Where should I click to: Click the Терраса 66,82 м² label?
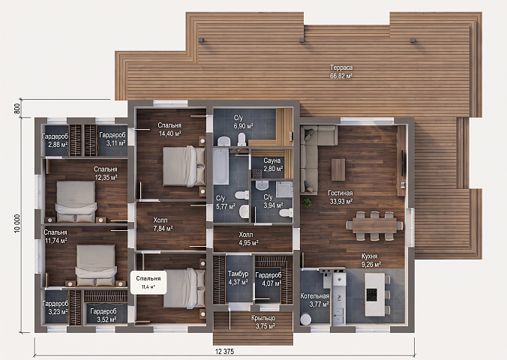pos(341,72)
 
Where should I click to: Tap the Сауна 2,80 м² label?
pos(273,164)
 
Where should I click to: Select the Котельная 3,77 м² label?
pos(314,300)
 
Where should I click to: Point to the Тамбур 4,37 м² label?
pos(238,277)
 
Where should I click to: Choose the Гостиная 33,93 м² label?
pos(340,197)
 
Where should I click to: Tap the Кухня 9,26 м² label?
pos(370,260)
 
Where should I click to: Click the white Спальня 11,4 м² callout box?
pos(148,282)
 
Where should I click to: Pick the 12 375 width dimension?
pos(224,351)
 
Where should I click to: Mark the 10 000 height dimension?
pos(17,223)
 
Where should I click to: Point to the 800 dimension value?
pos(17,108)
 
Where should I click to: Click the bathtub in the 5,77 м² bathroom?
pos(220,167)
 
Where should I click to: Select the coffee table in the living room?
pos(338,169)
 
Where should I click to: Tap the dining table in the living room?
pos(374,226)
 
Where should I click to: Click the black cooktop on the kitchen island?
pos(371,295)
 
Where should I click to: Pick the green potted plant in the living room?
pos(307,202)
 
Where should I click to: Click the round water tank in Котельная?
pos(305,319)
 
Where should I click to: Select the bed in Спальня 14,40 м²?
pos(184,166)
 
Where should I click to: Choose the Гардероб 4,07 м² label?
pos(268,279)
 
